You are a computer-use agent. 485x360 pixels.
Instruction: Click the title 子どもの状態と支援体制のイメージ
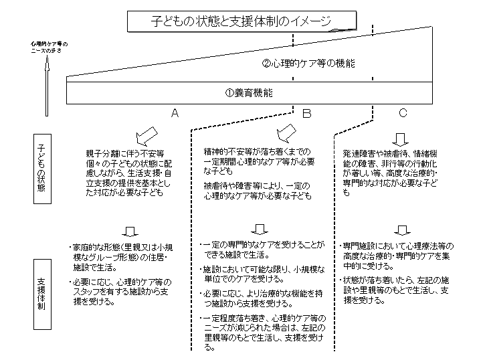tap(241, 21)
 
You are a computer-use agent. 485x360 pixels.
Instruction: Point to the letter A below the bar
tap(175, 113)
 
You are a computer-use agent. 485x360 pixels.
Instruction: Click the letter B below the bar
tap(306, 113)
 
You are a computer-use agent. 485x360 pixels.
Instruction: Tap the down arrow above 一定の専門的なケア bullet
tap(263, 230)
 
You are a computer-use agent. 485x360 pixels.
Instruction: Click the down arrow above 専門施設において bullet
tap(400, 230)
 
